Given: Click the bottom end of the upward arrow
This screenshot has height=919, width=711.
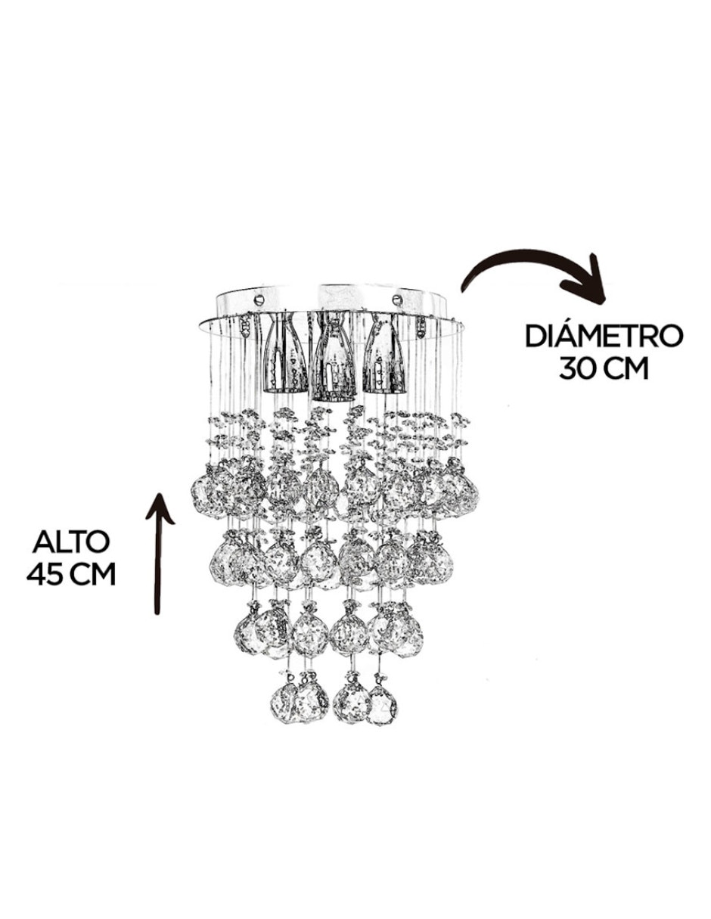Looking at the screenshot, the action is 157,613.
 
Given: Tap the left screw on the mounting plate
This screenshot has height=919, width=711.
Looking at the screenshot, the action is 259,300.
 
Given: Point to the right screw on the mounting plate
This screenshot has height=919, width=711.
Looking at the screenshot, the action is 396,300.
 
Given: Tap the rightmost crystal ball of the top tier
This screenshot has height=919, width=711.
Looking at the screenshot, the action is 461,491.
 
